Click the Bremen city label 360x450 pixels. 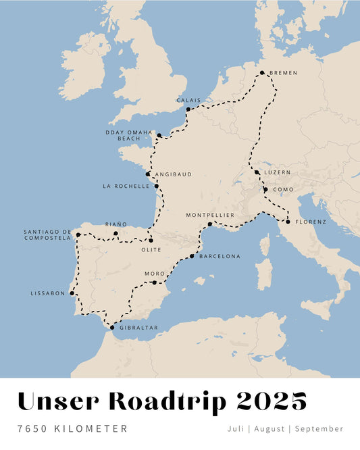(282, 73)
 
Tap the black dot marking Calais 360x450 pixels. (188, 109)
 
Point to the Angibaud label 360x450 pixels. (173, 174)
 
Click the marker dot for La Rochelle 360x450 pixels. (156, 186)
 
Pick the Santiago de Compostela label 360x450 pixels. (47, 234)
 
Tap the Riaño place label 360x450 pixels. (115, 224)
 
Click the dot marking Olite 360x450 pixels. (151, 241)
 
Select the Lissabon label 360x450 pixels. (48, 293)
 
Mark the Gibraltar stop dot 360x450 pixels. (112, 327)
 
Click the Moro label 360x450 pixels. (155, 274)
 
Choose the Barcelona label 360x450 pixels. (220, 256)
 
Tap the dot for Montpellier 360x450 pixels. (210, 224)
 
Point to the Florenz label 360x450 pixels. (311, 222)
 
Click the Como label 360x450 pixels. (282, 190)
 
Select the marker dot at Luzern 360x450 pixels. (257, 172)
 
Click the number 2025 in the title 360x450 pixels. (272, 401)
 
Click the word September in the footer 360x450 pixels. (319, 428)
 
